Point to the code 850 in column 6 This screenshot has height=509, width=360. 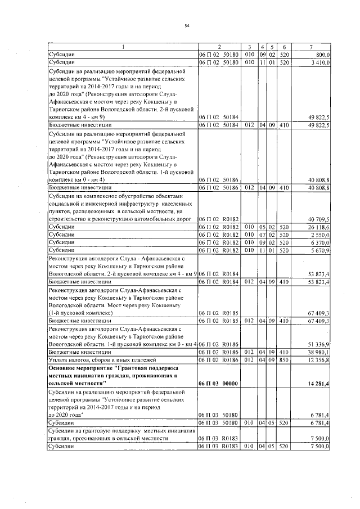[x=285, y=359]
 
